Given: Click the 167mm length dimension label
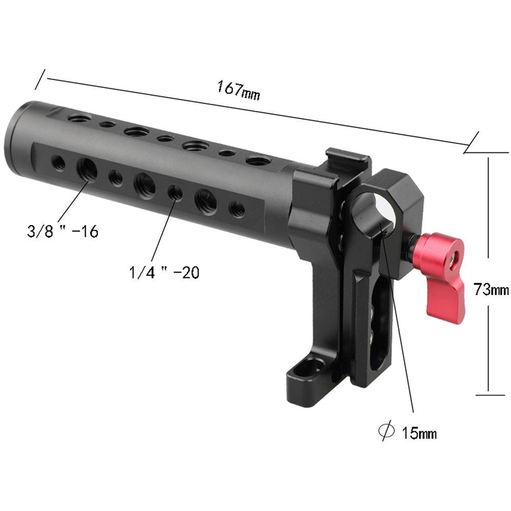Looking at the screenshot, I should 238,91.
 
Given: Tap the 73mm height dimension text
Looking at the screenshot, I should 491,290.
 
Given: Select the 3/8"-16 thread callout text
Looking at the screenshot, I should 62,231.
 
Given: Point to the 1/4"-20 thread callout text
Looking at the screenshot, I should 164,272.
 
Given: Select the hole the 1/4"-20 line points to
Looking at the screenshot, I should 175,193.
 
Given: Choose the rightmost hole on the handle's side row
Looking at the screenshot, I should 236,208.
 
